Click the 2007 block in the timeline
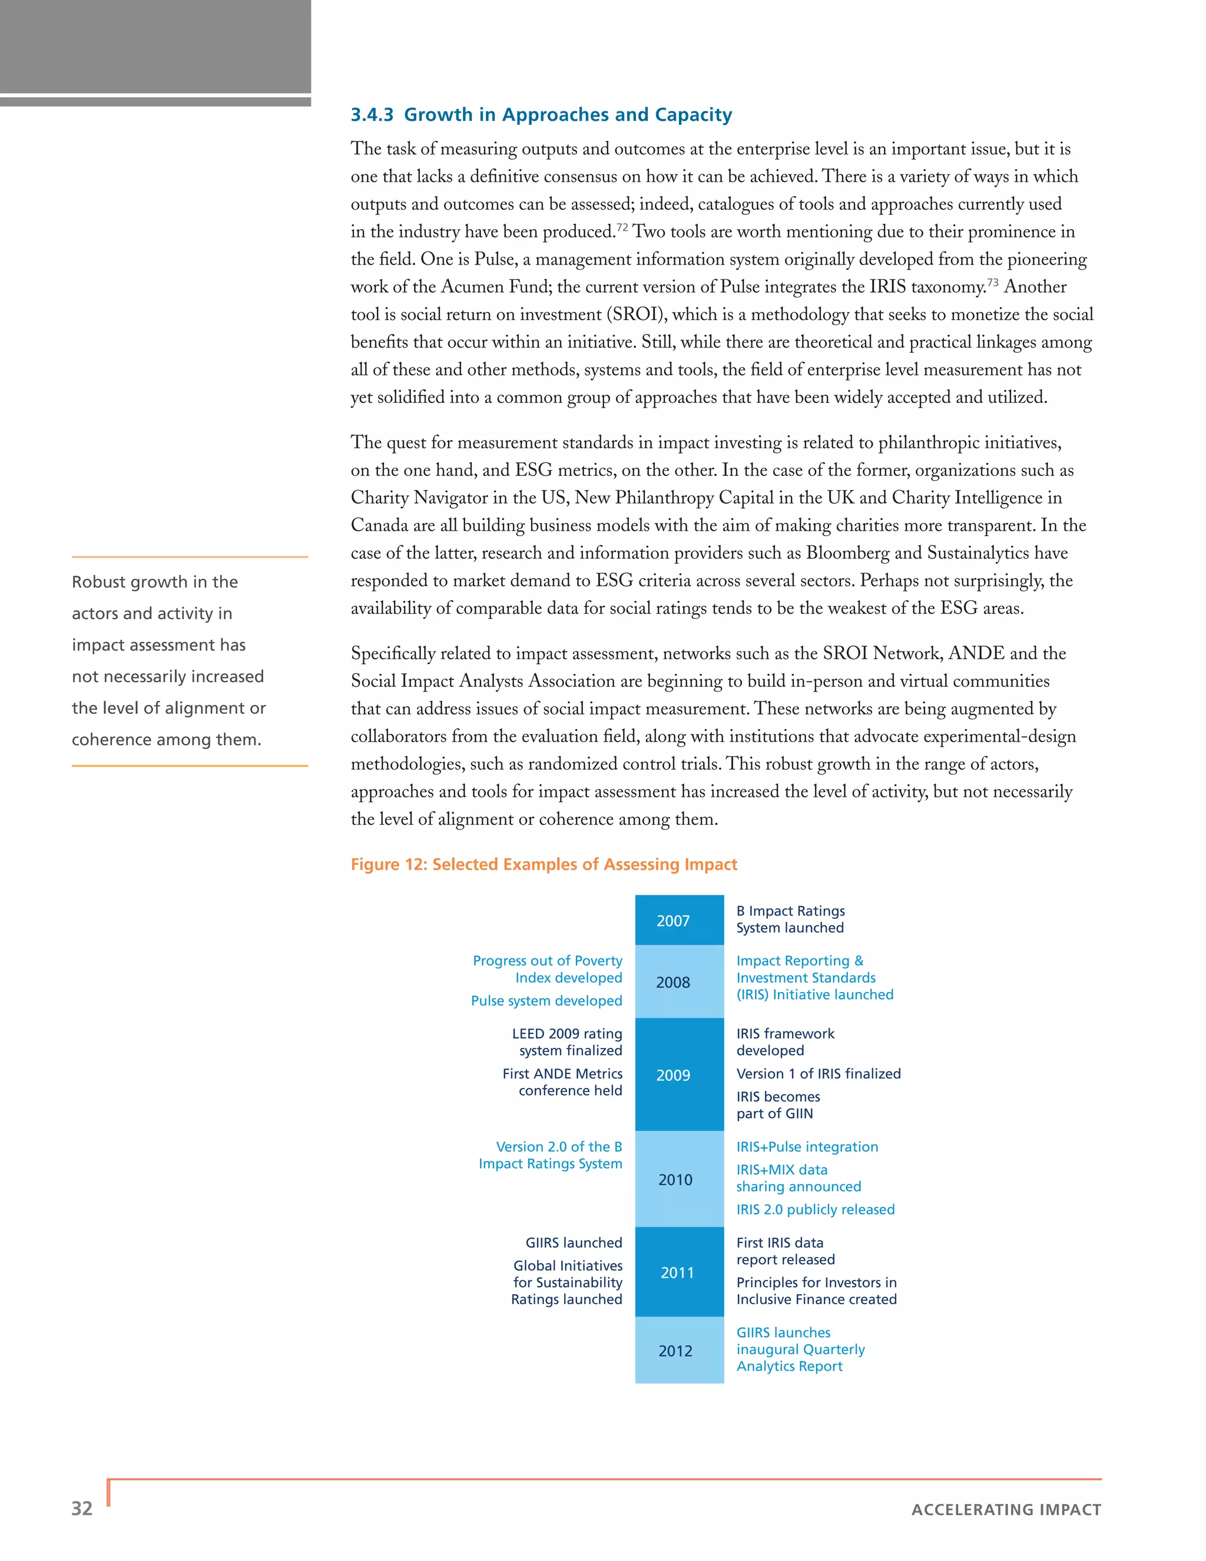coord(679,921)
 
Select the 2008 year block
coord(679,982)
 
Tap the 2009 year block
coord(679,1075)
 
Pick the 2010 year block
coord(679,1179)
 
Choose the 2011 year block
coord(679,1272)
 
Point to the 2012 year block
coord(679,1351)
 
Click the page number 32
coord(82,1508)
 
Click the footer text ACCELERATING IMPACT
coord(1006,1510)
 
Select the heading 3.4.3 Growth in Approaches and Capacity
coord(541,114)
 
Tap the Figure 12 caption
coord(543,864)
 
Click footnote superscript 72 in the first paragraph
coord(622,227)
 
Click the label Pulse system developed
coord(546,1001)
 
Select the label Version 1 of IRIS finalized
coord(818,1073)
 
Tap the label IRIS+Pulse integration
coord(807,1146)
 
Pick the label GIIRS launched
coord(574,1242)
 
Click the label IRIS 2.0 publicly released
coord(815,1209)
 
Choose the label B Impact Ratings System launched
coord(790,919)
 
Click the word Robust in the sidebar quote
coord(98,582)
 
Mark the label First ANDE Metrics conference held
coord(562,1082)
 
